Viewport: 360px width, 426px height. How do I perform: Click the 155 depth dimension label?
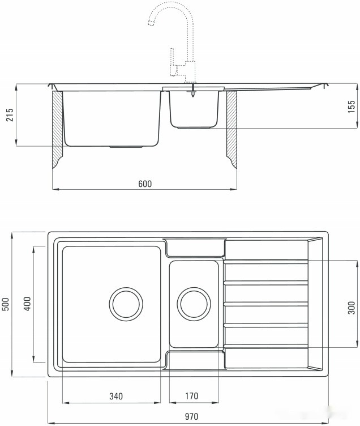click(351, 106)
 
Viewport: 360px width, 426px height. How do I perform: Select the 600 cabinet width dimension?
click(145, 184)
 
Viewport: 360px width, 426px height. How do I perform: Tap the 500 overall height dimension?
click(6, 304)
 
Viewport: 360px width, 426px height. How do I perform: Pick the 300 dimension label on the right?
click(351, 306)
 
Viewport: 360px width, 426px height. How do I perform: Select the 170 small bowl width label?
click(192, 396)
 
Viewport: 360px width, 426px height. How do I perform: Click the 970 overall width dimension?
click(191, 417)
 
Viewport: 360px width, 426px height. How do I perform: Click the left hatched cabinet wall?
click(57, 130)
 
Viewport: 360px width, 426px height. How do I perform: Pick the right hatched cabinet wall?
click(232, 130)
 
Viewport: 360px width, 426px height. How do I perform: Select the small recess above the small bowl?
click(195, 248)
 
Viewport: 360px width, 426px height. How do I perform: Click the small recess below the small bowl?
click(195, 361)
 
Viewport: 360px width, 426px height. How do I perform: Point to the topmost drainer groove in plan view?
click(266, 262)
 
